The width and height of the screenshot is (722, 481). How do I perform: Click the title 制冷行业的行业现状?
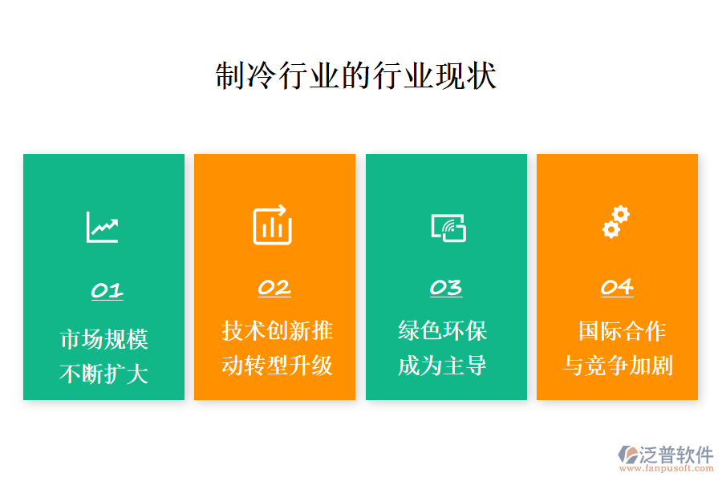356,76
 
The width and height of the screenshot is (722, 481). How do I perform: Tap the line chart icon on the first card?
103,227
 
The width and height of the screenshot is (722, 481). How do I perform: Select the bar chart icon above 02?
273,225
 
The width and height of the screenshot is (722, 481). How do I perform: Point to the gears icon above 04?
616,222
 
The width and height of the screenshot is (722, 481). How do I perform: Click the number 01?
107,290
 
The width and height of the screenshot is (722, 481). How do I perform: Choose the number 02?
274,287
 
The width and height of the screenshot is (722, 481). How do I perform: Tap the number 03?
446,287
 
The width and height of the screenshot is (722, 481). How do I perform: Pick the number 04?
617,287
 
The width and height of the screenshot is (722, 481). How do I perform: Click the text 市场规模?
104,339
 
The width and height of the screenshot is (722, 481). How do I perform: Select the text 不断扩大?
104,374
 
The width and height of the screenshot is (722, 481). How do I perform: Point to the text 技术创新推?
277,330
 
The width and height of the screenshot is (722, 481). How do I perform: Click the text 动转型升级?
277,366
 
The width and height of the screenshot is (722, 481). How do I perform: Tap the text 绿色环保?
443,330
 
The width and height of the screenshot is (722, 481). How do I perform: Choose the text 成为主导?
443,366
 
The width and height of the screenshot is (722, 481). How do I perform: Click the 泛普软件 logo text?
676,455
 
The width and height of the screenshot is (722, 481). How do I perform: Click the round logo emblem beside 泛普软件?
627,456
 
